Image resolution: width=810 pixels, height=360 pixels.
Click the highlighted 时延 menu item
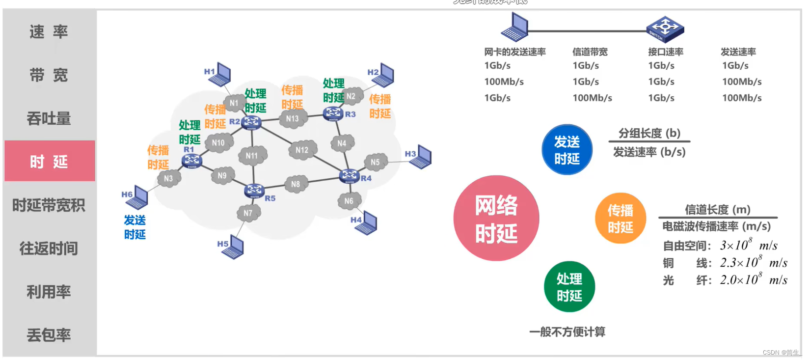click(x=49, y=161)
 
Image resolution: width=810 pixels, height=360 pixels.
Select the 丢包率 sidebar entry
click(x=49, y=335)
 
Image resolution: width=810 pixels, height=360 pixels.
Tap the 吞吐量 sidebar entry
click(x=49, y=118)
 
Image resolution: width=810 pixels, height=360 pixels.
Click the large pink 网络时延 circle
click(x=496, y=218)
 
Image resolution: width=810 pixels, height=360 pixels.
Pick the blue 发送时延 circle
click(x=567, y=150)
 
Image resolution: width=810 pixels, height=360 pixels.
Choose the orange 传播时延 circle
click(x=620, y=219)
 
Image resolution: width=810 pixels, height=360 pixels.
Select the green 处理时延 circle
click(x=569, y=287)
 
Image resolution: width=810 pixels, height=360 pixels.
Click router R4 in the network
click(x=349, y=175)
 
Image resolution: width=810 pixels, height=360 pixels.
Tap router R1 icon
click(x=191, y=160)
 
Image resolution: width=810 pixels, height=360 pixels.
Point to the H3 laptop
click(x=421, y=157)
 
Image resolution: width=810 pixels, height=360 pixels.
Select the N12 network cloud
click(x=302, y=150)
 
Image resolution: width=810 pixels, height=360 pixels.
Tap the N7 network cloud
click(x=248, y=213)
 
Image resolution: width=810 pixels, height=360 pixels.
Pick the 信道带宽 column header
click(x=590, y=52)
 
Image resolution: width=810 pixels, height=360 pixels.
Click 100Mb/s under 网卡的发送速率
click(x=504, y=82)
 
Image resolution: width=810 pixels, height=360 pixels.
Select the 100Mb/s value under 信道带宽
click(x=592, y=98)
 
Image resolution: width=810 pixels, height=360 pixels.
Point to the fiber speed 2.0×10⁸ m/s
click(x=753, y=280)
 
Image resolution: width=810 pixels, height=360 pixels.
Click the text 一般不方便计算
click(x=567, y=332)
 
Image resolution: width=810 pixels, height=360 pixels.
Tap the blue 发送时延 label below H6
click(x=135, y=227)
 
